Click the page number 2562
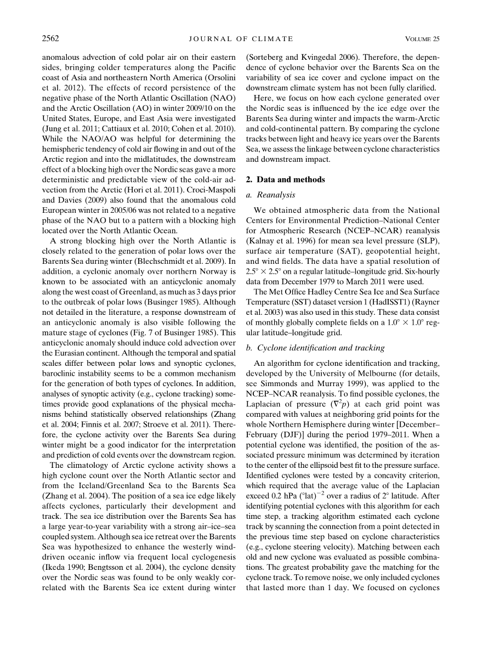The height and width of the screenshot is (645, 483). pyautogui.click(x=50, y=38)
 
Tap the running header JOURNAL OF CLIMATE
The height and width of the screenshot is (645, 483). pyautogui.click(x=241, y=38)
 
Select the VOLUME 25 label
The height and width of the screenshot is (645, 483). pyautogui.click(x=423, y=38)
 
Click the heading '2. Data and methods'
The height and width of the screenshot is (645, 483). pyautogui.click(x=285, y=180)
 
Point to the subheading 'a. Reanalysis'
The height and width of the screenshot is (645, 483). pyautogui.click(x=270, y=195)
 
